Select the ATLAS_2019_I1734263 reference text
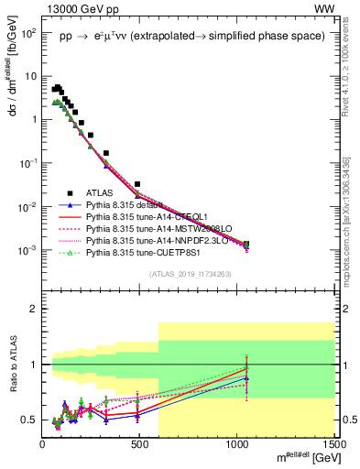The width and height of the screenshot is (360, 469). pyautogui.click(x=188, y=275)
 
